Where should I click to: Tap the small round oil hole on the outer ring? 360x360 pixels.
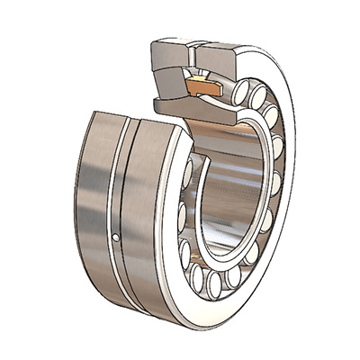coord(119,238)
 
